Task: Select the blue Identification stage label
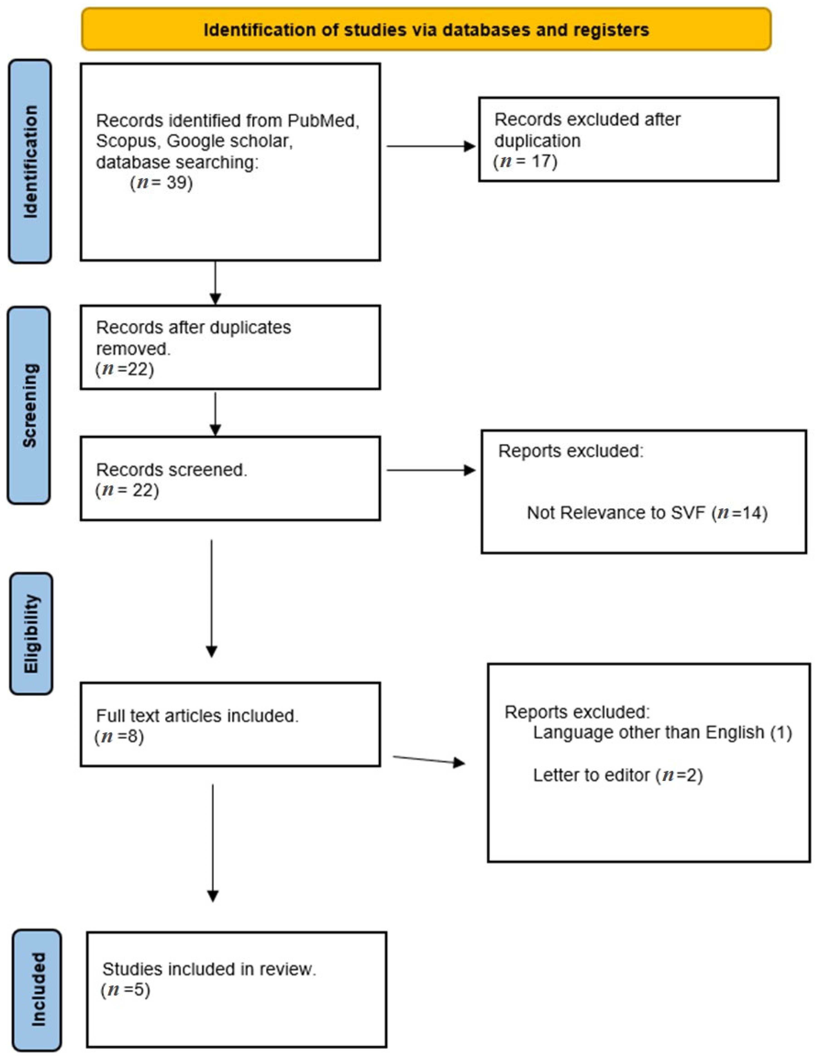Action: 30,162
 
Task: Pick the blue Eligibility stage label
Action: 31,633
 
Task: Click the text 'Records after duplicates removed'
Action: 193,338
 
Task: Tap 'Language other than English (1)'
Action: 662,732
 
